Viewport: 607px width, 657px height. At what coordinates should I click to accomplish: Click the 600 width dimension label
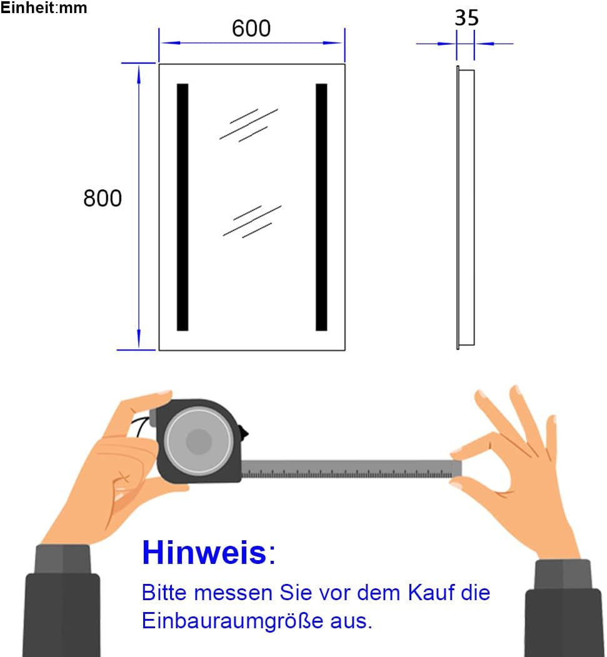[251, 28]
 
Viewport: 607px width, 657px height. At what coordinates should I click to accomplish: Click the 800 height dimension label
[103, 198]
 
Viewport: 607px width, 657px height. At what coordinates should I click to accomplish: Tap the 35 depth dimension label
[466, 18]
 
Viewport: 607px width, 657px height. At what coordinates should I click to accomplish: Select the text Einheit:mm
[44, 8]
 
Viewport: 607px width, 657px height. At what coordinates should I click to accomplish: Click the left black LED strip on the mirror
[183, 207]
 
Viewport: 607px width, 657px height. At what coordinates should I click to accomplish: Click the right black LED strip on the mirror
[321, 207]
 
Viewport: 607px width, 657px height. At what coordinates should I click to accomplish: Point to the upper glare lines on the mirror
[248, 124]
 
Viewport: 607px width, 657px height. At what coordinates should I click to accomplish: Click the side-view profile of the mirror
[465, 208]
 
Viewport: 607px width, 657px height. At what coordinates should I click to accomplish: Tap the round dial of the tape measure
[199, 441]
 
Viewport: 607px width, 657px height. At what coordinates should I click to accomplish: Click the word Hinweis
[204, 552]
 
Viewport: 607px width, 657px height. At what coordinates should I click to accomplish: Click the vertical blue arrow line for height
[138, 206]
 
